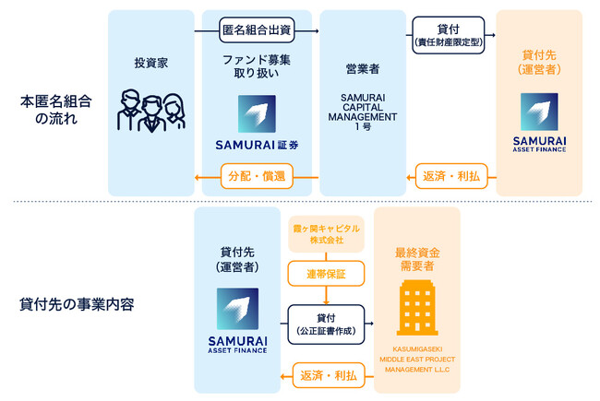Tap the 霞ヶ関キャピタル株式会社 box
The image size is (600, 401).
coord(325,233)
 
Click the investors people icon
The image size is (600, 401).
coord(150,110)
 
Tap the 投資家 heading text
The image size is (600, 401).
coord(150,64)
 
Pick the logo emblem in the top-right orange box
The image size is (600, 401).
coord(539,112)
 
